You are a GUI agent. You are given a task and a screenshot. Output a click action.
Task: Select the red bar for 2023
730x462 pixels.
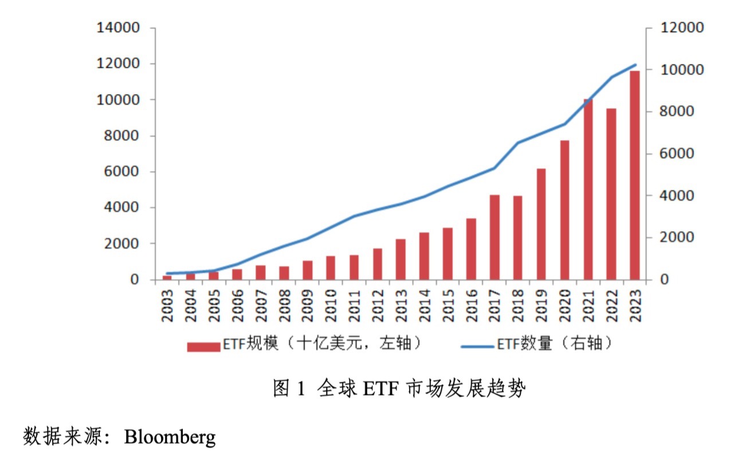point(634,175)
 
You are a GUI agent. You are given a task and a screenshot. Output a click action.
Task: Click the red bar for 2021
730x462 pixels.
point(588,189)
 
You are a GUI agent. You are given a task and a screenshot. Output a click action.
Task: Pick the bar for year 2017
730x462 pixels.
point(494,237)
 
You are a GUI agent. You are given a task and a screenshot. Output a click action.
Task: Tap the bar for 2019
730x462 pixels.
point(541,224)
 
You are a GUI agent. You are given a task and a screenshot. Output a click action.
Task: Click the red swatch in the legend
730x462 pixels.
point(203,346)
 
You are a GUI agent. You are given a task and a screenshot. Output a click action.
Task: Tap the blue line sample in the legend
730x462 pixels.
point(477,346)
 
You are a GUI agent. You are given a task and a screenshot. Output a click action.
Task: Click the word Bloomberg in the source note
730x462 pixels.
point(170,437)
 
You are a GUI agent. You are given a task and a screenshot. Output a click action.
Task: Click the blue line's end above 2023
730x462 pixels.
point(635,65)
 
